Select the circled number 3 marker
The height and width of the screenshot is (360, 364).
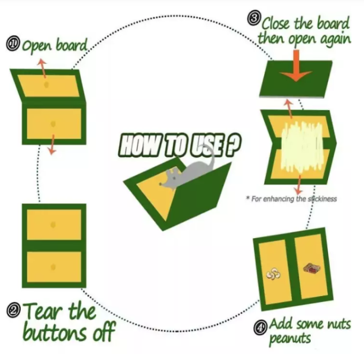point(254,18)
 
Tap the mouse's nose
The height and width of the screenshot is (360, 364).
point(160,184)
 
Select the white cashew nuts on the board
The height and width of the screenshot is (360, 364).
point(273,274)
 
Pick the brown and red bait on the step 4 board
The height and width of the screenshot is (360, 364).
point(312,268)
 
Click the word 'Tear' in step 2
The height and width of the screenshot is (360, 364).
point(42,311)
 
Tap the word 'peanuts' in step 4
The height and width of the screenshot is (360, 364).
point(290,339)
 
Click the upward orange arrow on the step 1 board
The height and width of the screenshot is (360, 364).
point(43,68)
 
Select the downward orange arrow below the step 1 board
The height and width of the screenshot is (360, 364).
point(52,144)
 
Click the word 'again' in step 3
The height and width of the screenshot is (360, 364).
point(335,39)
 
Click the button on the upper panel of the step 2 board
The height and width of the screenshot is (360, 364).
point(53,225)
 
